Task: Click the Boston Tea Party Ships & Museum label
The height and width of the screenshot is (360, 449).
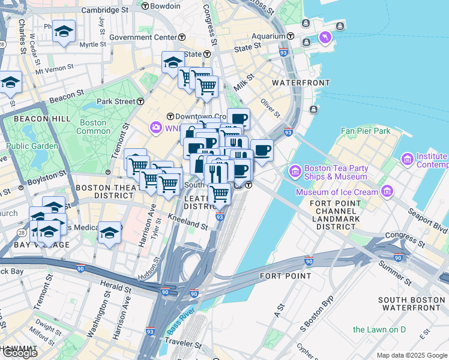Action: click(336, 172)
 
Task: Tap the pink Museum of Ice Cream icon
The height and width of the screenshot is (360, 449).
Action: click(387, 192)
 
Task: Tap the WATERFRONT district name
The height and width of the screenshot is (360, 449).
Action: click(301, 82)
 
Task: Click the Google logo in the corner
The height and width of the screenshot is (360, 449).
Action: click(19, 353)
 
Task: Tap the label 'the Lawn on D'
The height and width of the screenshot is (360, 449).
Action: click(379, 329)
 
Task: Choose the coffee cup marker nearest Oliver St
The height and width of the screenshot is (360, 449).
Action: click(262, 149)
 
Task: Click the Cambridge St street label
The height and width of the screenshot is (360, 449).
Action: click(104, 10)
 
